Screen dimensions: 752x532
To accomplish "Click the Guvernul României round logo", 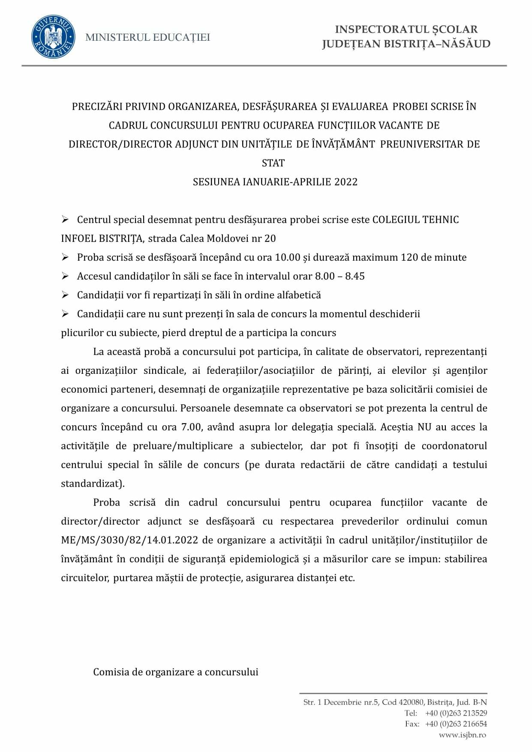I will [x=53, y=37].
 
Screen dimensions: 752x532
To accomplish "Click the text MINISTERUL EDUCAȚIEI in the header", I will [x=147, y=38].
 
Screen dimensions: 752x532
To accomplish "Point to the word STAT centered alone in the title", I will [x=273, y=163].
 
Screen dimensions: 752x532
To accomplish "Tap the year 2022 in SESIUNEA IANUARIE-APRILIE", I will [x=346, y=182].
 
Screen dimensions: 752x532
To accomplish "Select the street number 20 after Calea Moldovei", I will [x=270, y=239].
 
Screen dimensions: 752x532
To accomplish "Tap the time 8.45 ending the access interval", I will [x=355, y=277].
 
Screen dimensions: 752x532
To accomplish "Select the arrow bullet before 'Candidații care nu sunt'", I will [x=65, y=314].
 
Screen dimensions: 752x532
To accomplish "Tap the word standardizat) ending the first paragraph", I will [x=93, y=484].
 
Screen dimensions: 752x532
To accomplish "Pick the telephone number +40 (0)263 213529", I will [x=456, y=713].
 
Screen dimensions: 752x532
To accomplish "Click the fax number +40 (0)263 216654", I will [x=456, y=724].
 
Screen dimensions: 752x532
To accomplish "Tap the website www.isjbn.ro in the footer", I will [x=463, y=735].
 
